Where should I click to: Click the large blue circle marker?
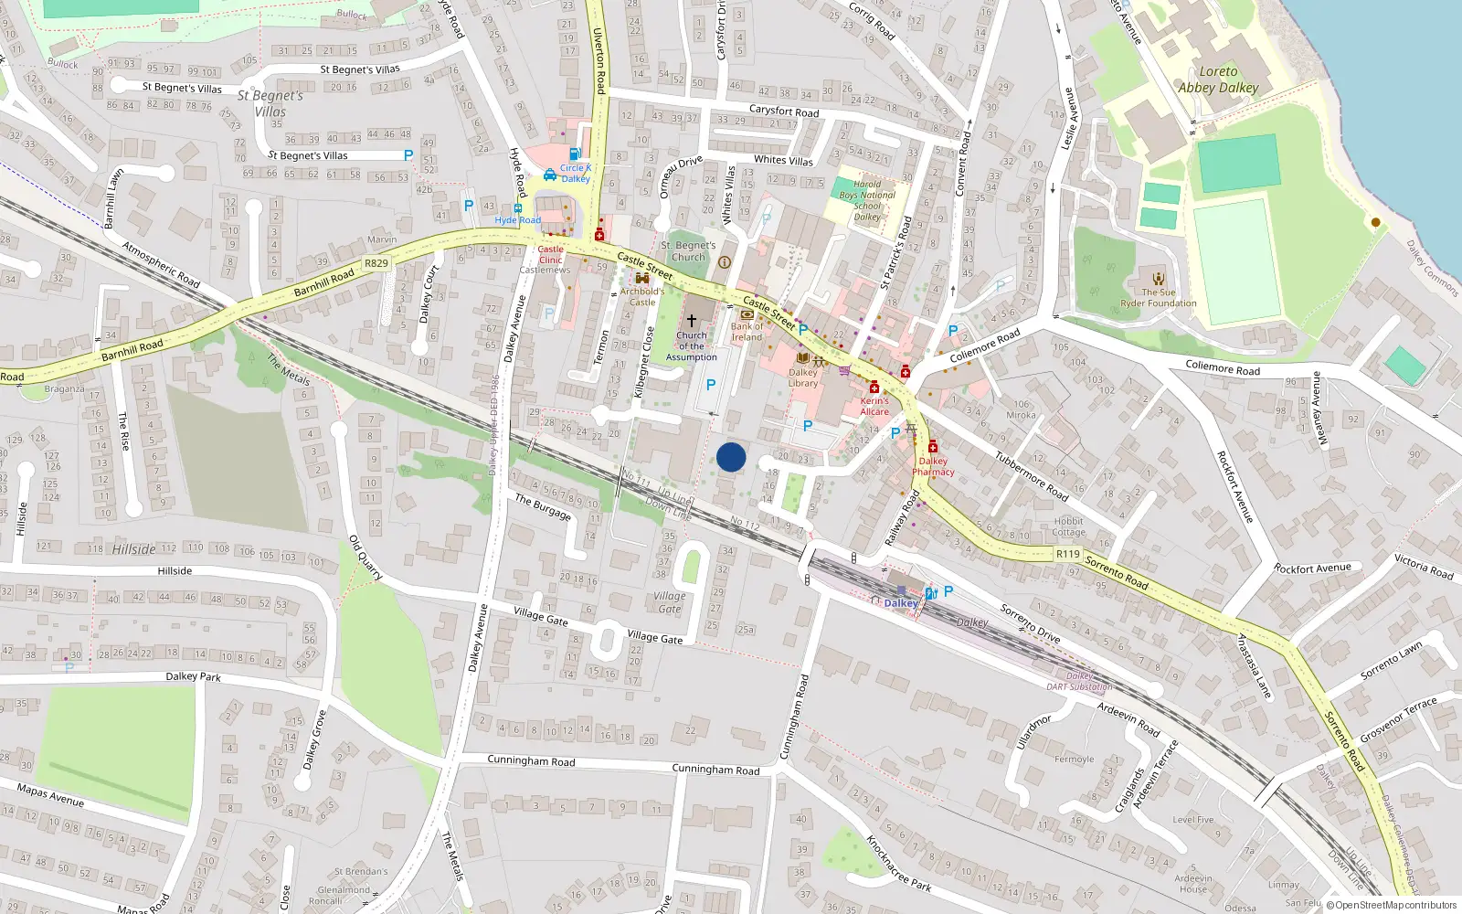pos(731,457)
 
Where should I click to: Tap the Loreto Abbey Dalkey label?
pos(1218,80)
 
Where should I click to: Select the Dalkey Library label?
pos(803,377)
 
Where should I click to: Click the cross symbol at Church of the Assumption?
pos(692,321)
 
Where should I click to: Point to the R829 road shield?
pos(376,263)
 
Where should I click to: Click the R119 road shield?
pos(1067,554)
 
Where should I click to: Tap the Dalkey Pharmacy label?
pos(933,466)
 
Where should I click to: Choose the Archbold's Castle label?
pos(642,296)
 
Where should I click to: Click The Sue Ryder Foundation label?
pos(1159,298)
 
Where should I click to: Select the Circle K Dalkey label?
pos(576,173)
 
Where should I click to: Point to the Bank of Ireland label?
pos(747,331)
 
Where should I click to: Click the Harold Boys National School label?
pos(867,200)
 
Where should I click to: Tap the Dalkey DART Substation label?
pos(1080,681)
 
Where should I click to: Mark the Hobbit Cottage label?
pos(1068,526)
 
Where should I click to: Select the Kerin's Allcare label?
pos(874,406)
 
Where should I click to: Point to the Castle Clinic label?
pos(551,254)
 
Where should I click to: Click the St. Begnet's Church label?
pos(688,251)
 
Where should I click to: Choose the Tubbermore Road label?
pos(1032,476)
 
